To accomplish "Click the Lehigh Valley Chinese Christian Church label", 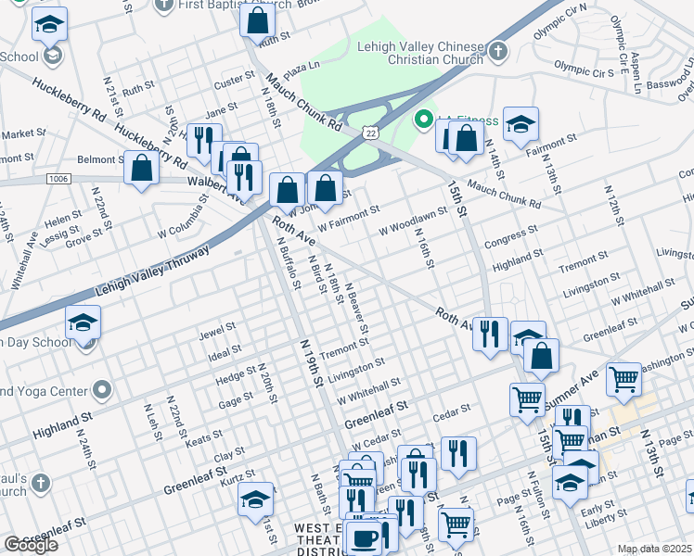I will point(420,54).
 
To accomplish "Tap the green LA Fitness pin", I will point(425,119).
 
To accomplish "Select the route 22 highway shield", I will point(370,134).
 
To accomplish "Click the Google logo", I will point(32,545).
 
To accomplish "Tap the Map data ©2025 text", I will point(654,549).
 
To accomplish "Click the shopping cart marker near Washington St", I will point(623,377).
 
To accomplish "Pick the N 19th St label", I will point(311,361).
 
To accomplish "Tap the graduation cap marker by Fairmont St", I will point(521,122).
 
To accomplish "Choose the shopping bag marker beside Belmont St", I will point(141,168).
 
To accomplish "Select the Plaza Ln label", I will point(302,67).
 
